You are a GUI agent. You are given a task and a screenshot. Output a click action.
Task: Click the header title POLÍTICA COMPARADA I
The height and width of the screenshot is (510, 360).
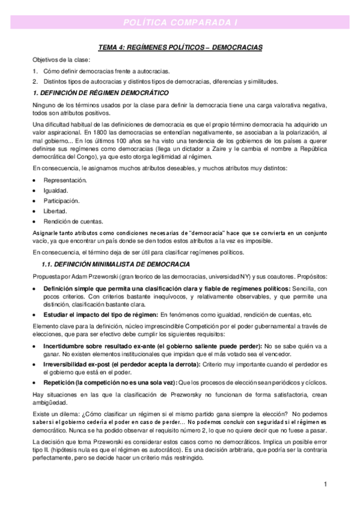[180, 22]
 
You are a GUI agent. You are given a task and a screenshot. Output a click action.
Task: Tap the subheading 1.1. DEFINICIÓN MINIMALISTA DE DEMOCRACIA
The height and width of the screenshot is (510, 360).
[115, 264]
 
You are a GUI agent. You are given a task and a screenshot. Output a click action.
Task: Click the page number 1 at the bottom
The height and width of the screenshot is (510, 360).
[325, 484]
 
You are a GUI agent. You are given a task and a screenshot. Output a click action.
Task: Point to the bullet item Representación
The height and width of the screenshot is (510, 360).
[65, 180]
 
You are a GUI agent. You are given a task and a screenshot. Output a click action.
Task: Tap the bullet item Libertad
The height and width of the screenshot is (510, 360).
[55, 211]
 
